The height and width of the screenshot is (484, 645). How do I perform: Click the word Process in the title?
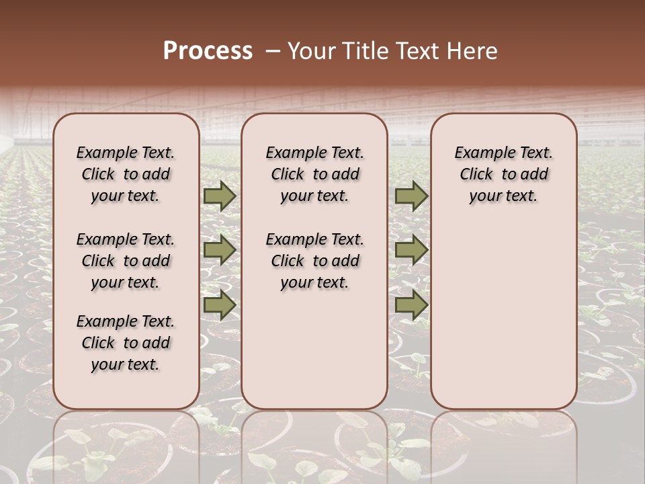208,51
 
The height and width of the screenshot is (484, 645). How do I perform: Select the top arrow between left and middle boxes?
220,196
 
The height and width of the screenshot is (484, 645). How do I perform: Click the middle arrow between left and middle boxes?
220,250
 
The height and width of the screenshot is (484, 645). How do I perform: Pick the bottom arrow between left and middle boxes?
220,305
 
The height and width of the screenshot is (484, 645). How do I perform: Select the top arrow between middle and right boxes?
411,196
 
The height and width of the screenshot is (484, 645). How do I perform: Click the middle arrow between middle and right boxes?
411,250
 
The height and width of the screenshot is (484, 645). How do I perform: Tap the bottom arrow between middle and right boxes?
411,305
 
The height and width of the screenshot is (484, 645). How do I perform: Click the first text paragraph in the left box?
125,174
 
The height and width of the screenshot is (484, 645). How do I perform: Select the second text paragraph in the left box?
125,261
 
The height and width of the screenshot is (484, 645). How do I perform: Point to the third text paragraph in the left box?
125,343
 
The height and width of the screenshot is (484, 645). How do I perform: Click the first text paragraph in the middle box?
314,174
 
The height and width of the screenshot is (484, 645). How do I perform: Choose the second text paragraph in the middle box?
314,261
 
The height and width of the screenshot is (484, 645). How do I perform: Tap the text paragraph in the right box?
503,174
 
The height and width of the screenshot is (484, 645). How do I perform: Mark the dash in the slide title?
272,51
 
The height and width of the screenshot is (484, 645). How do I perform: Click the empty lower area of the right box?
503,316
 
